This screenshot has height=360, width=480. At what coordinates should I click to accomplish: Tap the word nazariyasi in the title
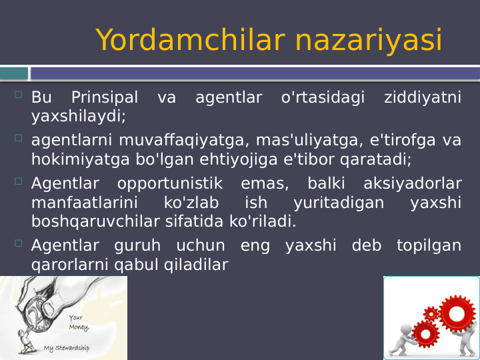(368, 40)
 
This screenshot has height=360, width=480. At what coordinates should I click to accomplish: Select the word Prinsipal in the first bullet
(105, 98)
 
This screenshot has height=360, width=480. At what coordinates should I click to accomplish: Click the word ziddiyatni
(423, 98)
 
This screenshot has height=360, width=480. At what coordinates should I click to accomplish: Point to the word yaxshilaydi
(78, 116)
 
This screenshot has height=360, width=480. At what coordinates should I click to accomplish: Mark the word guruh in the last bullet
(137, 245)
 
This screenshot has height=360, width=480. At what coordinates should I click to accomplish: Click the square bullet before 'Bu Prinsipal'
(18, 97)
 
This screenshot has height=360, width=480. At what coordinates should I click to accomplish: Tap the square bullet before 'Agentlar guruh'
(18, 244)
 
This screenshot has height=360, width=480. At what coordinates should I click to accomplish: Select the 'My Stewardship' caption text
(67, 349)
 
